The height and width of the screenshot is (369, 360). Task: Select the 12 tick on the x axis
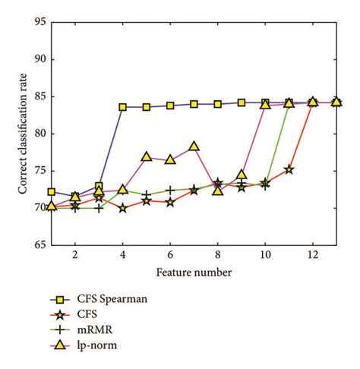click(313, 257)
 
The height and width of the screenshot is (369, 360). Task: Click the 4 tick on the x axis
click(122, 257)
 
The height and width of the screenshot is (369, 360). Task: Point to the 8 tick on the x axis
click(217, 257)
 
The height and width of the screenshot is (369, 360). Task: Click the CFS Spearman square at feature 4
click(122, 107)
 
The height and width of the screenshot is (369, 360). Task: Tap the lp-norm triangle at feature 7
click(194, 147)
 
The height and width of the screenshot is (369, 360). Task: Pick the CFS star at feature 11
click(289, 169)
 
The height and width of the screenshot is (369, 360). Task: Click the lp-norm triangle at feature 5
click(147, 156)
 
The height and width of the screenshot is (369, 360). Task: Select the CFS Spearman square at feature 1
click(52, 192)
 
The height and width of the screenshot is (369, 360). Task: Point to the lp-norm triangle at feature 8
click(218, 190)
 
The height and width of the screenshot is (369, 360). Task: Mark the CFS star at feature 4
click(122, 207)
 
